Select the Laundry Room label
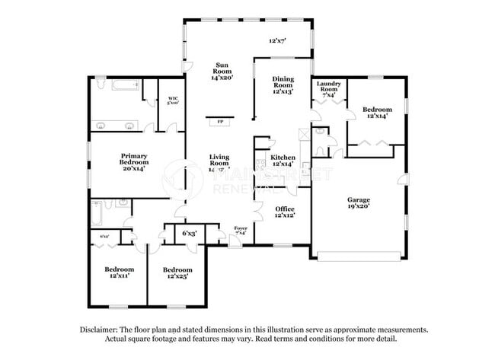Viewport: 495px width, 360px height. (331, 89)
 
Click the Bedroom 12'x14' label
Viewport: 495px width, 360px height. (377, 112)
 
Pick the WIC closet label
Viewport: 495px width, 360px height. (173, 100)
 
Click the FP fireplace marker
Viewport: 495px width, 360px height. (221, 121)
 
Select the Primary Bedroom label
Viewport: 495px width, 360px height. (133, 161)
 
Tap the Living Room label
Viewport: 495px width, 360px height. (219, 163)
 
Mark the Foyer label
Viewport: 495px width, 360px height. (241, 229)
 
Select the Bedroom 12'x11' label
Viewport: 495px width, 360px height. (120, 272)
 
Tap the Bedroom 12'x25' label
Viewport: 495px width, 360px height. (177, 272)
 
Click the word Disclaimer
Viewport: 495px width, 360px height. (101, 330)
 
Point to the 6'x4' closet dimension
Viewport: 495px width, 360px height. (104, 237)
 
